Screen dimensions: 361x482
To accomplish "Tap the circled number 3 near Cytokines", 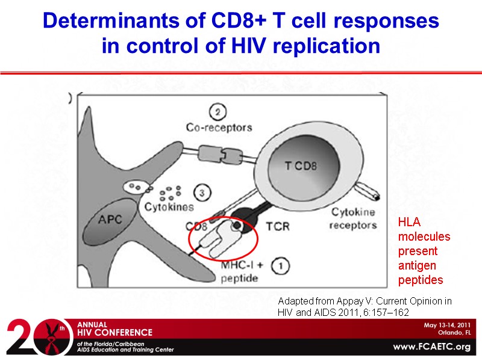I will pyautogui.click(x=202, y=194).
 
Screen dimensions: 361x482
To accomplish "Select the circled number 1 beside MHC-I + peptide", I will pyautogui.click(x=279, y=264).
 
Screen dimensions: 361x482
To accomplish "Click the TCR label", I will pyautogui.click(x=278, y=227).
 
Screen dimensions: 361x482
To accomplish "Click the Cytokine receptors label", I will pyautogui.click(x=354, y=218).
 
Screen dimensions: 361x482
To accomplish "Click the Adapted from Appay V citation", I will pyautogui.click(x=365, y=306).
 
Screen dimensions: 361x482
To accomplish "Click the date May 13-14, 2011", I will pyautogui.click(x=448, y=325).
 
